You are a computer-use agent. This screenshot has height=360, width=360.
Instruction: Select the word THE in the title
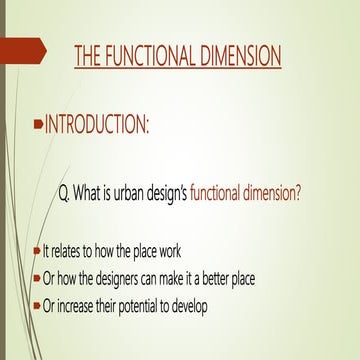click(x=89, y=57)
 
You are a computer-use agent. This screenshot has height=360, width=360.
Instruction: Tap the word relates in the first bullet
click(x=74, y=250)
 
